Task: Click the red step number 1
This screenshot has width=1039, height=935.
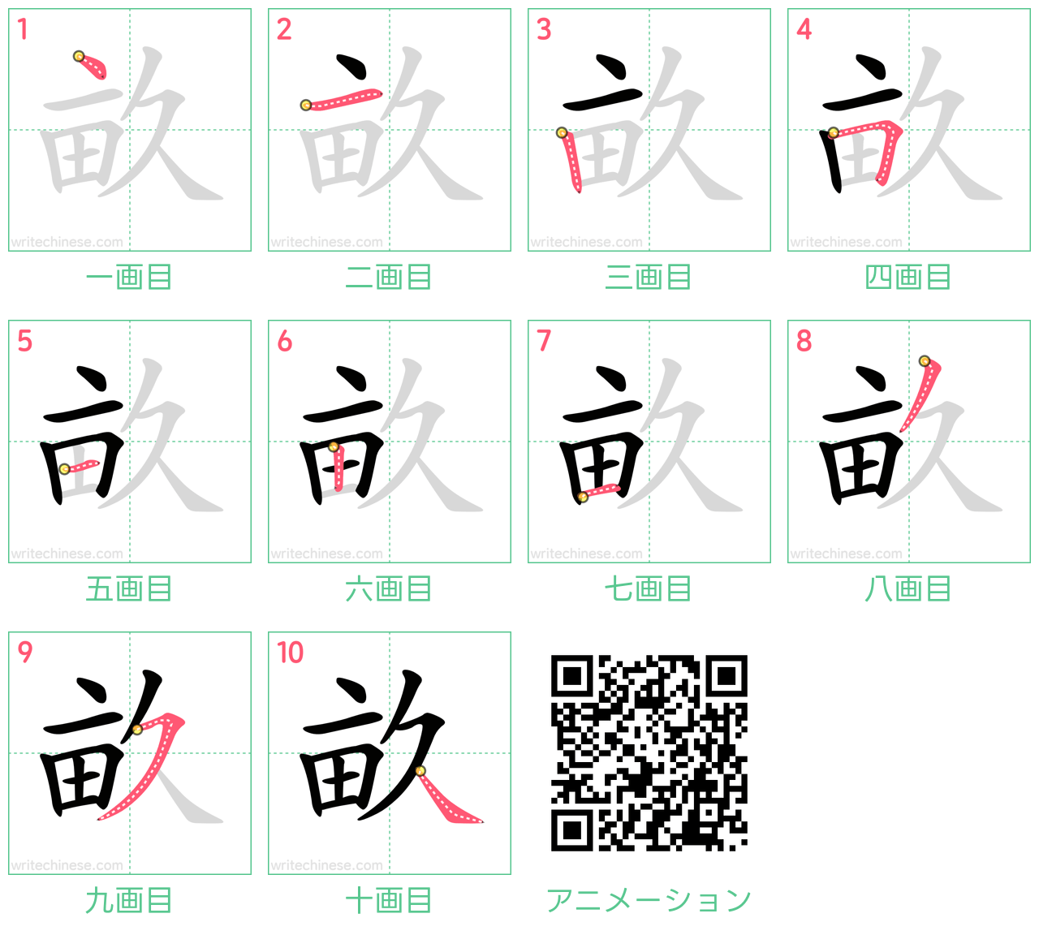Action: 22,29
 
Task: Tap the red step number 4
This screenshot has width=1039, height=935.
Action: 804,29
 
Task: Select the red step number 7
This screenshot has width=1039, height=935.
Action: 544,341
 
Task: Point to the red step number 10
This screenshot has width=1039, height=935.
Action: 290,653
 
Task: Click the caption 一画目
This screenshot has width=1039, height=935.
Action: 129,277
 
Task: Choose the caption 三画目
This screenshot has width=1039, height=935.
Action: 649,277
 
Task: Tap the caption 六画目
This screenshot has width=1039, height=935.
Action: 389,589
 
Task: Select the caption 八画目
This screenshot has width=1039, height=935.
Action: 908,589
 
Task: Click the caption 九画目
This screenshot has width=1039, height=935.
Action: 129,901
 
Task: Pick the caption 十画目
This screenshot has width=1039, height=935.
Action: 389,901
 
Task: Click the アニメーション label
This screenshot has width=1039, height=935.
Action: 649,901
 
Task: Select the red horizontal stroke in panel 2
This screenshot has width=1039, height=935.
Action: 342,99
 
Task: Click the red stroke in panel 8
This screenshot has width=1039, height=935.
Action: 921,394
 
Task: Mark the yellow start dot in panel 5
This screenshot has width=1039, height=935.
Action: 64,469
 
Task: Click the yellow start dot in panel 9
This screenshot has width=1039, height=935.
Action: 137,730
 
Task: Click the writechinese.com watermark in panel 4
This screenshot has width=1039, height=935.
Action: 847,242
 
